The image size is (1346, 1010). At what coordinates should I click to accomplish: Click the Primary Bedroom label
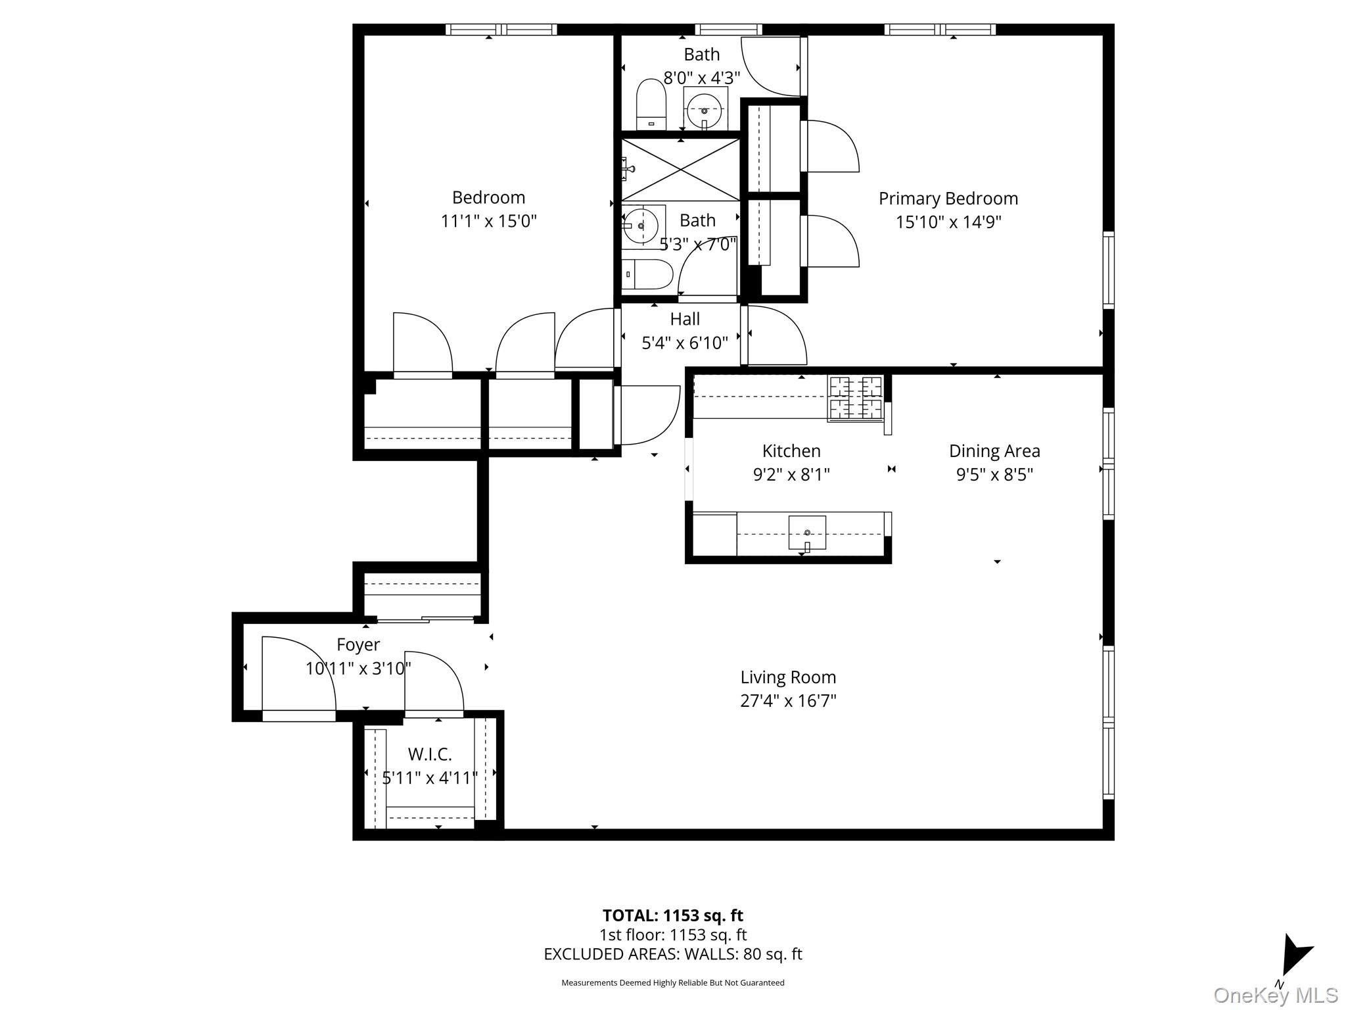[x=948, y=199]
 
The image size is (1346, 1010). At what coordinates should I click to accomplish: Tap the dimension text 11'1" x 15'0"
[x=488, y=221]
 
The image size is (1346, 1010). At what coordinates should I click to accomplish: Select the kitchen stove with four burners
[x=856, y=398]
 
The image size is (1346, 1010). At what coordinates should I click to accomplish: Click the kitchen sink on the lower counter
[x=807, y=533]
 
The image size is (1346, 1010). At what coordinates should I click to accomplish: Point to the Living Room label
[x=788, y=677]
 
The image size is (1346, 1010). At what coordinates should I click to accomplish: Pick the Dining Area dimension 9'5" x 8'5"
[x=994, y=475]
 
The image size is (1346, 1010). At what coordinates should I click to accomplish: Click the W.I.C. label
[x=430, y=754]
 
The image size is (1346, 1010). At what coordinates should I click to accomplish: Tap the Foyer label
[x=358, y=644]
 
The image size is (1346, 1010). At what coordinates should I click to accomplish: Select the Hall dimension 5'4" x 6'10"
[x=685, y=343]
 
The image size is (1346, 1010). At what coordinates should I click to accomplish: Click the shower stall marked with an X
[x=681, y=169]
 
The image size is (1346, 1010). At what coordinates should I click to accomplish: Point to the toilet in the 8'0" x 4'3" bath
[x=651, y=105]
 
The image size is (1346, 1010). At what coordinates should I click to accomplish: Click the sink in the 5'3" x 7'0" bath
[x=641, y=226]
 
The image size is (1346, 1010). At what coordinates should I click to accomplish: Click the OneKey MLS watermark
[x=1275, y=996]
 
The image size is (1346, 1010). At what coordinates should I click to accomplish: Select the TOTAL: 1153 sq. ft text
[x=672, y=915]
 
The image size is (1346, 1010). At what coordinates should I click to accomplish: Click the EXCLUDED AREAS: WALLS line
[x=672, y=954]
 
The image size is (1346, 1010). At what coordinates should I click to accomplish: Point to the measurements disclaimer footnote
[x=672, y=983]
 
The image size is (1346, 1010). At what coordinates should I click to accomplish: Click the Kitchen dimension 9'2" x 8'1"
[x=791, y=475]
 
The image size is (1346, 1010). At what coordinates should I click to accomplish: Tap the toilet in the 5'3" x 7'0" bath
[x=647, y=274]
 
